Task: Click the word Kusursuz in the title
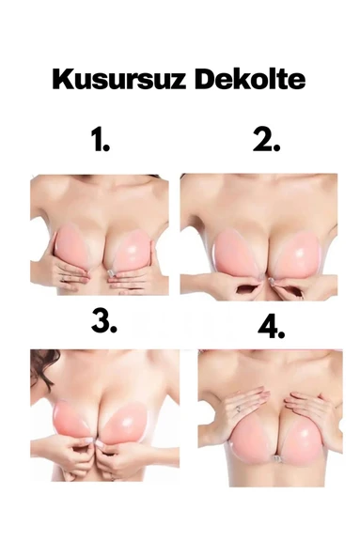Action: (119, 80)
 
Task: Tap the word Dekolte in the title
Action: (250, 79)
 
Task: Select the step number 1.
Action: (101, 140)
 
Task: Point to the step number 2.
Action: (267, 140)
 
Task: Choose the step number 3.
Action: (104, 320)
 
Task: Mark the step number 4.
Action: (272, 326)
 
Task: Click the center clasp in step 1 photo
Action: (111, 273)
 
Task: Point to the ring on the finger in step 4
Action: (239, 409)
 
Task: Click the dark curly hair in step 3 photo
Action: (42, 364)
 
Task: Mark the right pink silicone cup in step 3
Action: (127, 423)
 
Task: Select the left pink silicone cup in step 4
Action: (251, 440)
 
